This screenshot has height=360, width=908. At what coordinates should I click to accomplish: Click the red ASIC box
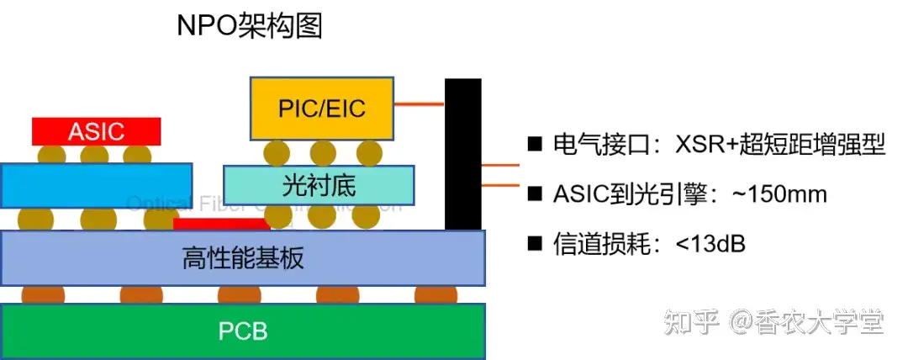(x=97, y=131)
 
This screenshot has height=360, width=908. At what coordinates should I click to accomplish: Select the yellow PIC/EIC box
(x=322, y=108)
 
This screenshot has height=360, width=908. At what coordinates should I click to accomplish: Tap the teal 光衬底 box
(x=319, y=184)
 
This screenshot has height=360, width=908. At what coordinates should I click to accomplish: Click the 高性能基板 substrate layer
(x=243, y=257)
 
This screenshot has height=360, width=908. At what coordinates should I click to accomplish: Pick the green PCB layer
(x=243, y=331)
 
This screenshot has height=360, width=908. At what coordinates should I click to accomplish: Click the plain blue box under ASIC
(x=97, y=185)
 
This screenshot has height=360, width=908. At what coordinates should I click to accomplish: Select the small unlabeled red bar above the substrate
(x=222, y=224)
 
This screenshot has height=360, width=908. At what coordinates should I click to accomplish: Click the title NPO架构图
(x=250, y=26)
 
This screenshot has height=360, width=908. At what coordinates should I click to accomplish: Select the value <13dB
(x=710, y=244)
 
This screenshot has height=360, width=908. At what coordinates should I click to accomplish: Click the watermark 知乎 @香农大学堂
(x=773, y=322)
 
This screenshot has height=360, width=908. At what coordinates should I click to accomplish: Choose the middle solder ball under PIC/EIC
(x=322, y=152)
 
